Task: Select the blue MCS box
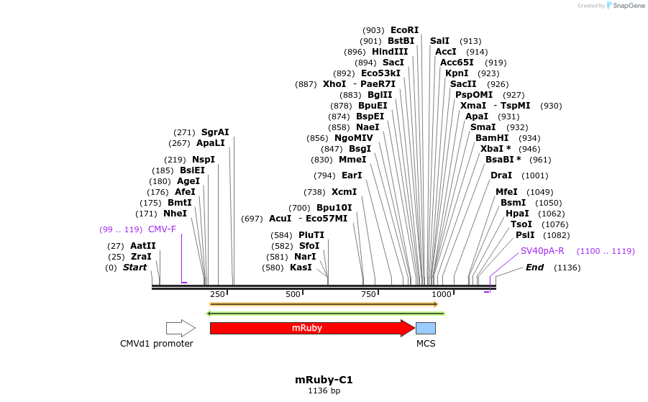click(x=426, y=328)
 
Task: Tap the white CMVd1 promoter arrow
click(x=180, y=328)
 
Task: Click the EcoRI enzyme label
click(x=404, y=30)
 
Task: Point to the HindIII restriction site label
click(x=390, y=52)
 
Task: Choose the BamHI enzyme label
click(x=492, y=138)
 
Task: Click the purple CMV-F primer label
click(x=162, y=229)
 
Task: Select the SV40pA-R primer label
click(x=542, y=251)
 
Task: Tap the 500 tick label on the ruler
click(x=293, y=294)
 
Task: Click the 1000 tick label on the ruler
click(x=442, y=294)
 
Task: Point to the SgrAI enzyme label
click(x=215, y=132)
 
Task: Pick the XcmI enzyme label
click(x=344, y=192)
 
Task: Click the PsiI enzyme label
click(x=525, y=235)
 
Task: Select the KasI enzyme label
click(x=301, y=268)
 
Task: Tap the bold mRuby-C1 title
click(x=324, y=380)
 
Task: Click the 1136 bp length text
click(x=324, y=391)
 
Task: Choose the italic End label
click(x=534, y=268)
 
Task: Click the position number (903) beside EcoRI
click(x=373, y=30)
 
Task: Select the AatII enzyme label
click(x=142, y=246)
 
